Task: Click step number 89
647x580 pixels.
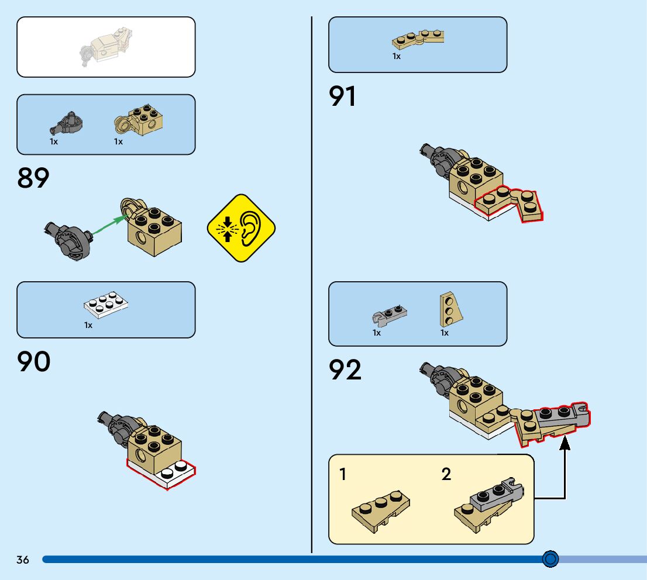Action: [x=33, y=178]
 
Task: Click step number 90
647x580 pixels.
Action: [x=34, y=362]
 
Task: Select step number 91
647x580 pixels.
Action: [x=343, y=96]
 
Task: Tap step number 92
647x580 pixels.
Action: [x=345, y=370]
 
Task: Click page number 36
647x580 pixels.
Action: [x=23, y=560]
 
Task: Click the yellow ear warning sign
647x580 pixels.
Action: [x=241, y=227]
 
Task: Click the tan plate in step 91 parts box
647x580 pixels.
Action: [x=418, y=39]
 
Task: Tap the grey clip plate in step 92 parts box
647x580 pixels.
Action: [x=390, y=315]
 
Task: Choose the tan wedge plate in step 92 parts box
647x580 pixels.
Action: [x=450, y=308]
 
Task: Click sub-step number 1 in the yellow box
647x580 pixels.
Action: [x=343, y=475]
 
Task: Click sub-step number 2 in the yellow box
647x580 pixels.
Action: [x=446, y=475]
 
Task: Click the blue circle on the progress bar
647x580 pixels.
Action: [x=550, y=559]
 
